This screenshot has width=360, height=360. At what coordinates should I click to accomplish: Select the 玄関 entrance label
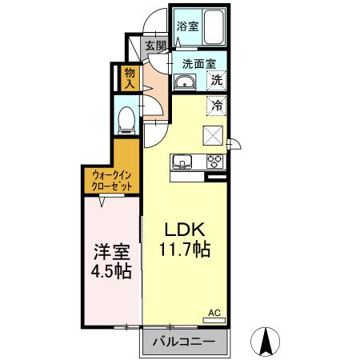[155, 46]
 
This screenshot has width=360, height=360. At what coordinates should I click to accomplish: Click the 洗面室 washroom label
[198, 62]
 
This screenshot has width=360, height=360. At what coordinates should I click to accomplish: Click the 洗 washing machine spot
[216, 80]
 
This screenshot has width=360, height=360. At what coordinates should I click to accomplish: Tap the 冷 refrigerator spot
[216, 103]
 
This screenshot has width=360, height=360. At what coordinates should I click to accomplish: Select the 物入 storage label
[130, 78]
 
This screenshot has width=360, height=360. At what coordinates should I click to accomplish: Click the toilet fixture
[126, 118]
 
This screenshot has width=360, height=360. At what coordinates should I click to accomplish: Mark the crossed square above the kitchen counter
[214, 134]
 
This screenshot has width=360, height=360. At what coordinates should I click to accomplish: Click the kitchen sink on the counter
[183, 162]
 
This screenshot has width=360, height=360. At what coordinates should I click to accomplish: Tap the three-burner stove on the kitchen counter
[215, 162]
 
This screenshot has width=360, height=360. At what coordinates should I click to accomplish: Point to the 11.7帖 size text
[184, 250]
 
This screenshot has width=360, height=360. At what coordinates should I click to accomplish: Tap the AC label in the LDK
[214, 314]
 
